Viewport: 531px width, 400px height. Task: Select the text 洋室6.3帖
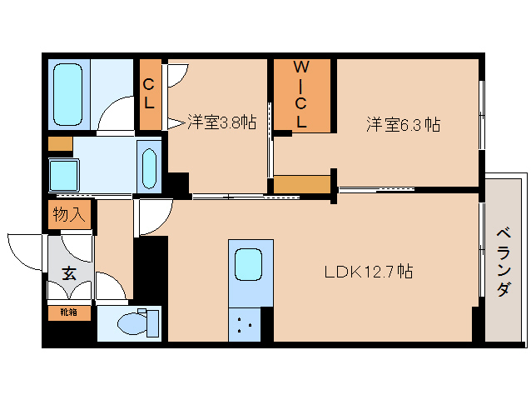(x=404, y=124)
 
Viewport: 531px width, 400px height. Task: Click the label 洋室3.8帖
(x=221, y=122)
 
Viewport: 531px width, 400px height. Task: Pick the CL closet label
(x=149, y=93)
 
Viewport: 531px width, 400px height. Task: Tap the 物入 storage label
(x=68, y=215)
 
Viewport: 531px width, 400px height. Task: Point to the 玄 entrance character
(x=67, y=272)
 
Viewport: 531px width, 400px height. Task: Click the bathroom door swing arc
(x=115, y=114)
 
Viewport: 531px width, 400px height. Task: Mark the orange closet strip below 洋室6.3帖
(x=301, y=184)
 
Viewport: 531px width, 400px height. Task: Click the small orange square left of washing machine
(x=60, y=143)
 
